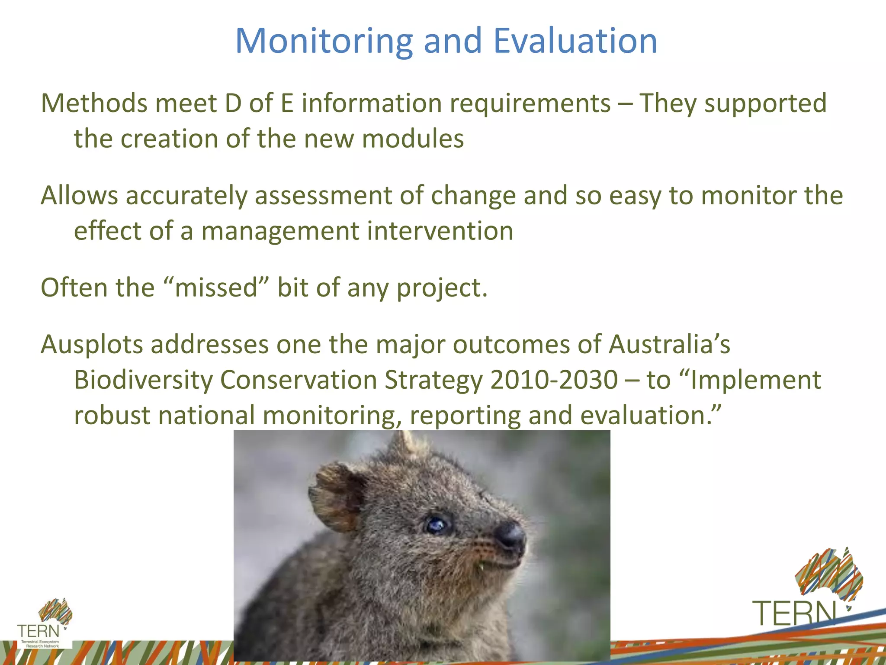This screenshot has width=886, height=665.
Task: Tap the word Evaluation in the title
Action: [x=575, y=41]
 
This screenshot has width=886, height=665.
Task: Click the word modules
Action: [x=413, y=139]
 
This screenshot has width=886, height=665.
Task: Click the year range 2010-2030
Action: [x=554, y=380]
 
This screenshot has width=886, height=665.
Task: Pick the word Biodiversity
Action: [x=143, y=380]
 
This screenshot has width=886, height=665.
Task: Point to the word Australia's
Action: [x=669, y=345]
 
